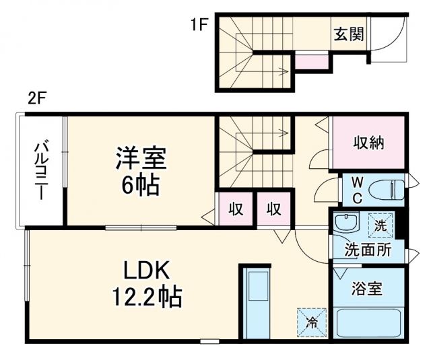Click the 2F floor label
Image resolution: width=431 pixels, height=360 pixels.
(x=36, y=100)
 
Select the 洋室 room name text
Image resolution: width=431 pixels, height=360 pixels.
(x=139, y=159)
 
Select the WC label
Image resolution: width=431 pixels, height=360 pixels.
(x=357, y=190)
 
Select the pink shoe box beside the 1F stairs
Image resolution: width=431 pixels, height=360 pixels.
(x=311, y=62)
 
